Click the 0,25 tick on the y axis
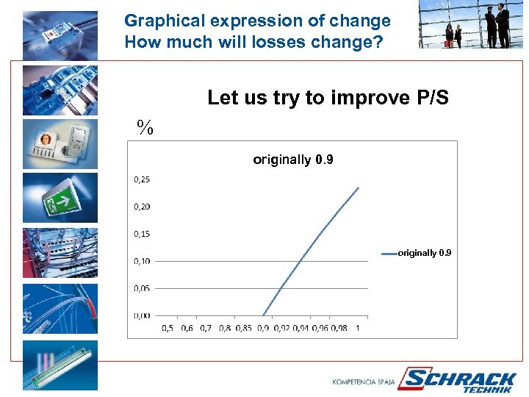tap(142, 179)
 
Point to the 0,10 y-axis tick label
tap(142, 261)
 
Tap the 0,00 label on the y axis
tap(142, 315)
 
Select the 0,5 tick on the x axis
tap(168, 328)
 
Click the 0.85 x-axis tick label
tap(244, 328)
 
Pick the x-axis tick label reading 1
tap(358, 328)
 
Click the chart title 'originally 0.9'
tap(292, 160)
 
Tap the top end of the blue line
tap(359, 187)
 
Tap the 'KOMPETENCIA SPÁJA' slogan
tap(364, 382)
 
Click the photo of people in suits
tap(472, 25)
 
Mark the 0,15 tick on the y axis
tap(142, 234)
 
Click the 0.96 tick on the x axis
tap(339, 328)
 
